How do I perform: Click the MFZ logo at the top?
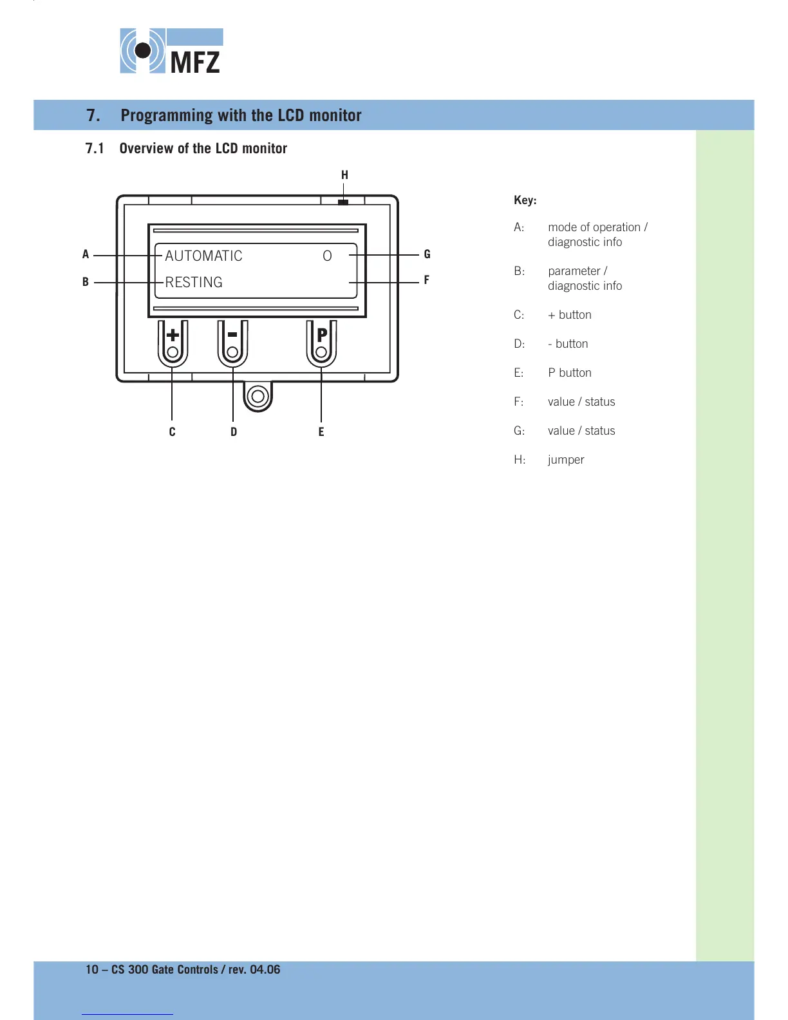click(x=171, y=51)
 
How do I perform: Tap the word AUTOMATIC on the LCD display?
click(x=203, y=256)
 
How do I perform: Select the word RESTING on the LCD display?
click(x=194, y=282)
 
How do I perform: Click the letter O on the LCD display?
click(x=327, y=256)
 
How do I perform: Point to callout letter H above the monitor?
click(x=344, y=175)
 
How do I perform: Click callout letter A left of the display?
click(x=86, y=254)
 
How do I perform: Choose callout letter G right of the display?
click(x=427, y=254)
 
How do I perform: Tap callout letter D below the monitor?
click(x=234, y=432)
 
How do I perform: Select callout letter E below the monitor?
click(x=321, y=432)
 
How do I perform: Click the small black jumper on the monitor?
click(x=343, y=202)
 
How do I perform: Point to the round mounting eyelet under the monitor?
click(x=258, y=396)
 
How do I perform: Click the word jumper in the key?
click(x=566, y=460)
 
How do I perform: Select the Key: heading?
click(x=525, y=200)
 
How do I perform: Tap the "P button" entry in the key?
click(x=570, y=373)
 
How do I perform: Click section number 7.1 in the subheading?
click(x=95, y=149)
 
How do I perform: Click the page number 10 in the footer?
click(x=92, y=970)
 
